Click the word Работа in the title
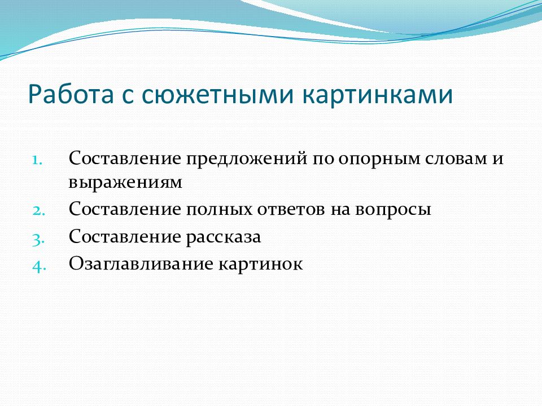(x=71, y=94)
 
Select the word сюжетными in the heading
(x=217, y=95)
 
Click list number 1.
(x=37, y=160)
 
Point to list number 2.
(x=38, y=210)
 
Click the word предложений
(x=247, y=159)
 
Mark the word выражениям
(x=125, y=183)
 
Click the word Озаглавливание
(x=141, y=264)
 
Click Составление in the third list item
(x=125, y=236)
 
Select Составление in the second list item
(x=125, y=209)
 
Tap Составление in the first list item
(x=125, y=158)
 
